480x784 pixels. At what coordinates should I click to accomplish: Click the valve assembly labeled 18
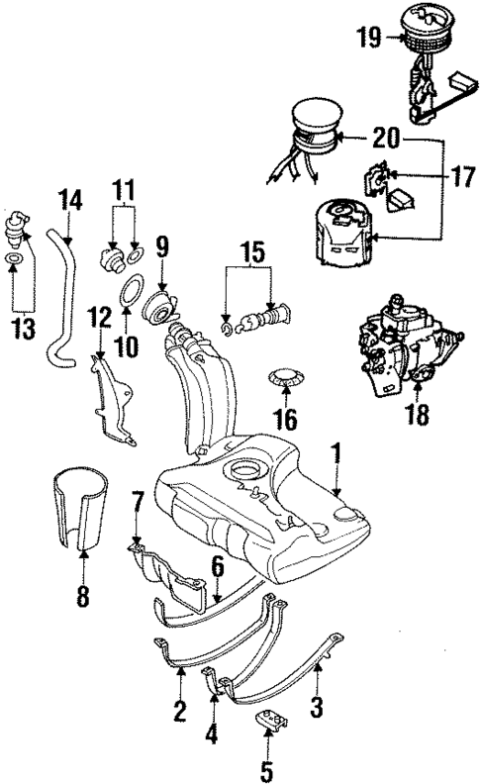coord(401,341)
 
